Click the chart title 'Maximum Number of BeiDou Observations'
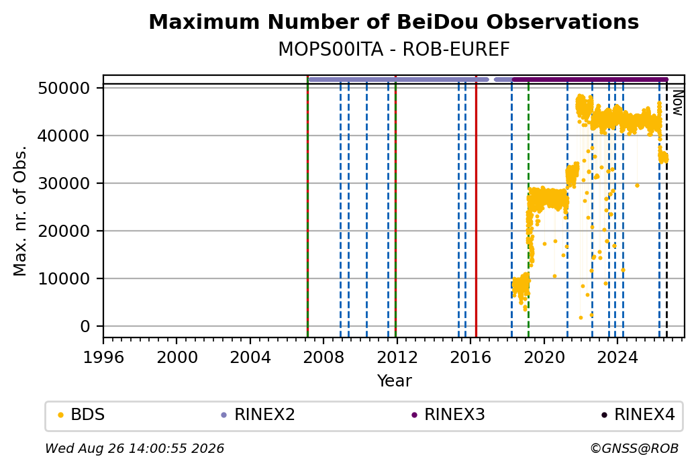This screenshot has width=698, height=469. tap(393, 21)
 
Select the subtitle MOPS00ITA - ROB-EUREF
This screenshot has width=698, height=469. tap(393, 50)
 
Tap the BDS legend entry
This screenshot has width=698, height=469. tap(81, 415)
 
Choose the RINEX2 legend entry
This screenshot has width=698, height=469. tap(258, 415)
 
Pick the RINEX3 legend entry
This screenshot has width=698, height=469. tap(448, 415)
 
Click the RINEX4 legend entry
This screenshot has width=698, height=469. tap(638, 415)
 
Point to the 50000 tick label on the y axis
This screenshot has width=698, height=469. tap(64, 88)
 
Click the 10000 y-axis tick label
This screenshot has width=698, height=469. tap(64, 278)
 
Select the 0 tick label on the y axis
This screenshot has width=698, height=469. tap(85, 326)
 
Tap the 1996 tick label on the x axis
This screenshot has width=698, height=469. tap(104, 358)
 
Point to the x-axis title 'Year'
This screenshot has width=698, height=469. tap(394, 381)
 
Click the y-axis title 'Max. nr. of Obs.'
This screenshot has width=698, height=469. tap(20, 211)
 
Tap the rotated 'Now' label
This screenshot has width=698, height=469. tap(677, 103)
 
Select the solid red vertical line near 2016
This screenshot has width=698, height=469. tap(476, 207)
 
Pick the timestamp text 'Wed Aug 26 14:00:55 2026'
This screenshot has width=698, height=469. tap(134, 448)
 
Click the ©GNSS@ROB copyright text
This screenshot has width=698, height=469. tap(634, 448)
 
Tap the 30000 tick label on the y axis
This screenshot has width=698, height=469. tap(64, 183)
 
